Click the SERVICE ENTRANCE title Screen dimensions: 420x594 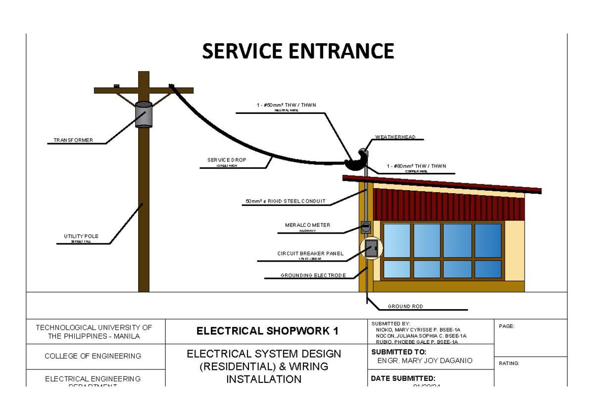click(x=297, y=51)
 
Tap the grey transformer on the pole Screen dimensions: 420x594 click(x=144, y=115)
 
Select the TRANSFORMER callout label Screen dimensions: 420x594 click(x=73, y=141)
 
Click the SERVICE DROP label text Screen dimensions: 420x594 click(x=226, y=160)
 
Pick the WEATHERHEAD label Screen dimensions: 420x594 click(x=395, y=137)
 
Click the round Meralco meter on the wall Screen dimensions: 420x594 click(x=365, y=227)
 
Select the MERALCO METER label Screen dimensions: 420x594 click(x=307, y=225)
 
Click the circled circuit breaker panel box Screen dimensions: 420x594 click(x=371, y=249)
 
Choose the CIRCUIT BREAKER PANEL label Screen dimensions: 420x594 click(x=310, y=254)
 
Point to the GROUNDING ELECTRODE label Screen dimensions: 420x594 click(x=313, y=275)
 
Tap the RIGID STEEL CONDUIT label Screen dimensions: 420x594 click(x=286, y=201)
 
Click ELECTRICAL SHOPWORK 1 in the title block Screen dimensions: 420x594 click(x=267, y=331)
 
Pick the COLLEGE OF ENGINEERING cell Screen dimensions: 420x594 click(x=93, y=356)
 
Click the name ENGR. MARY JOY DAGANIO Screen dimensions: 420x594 click(x=425, y=361)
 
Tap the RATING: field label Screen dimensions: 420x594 click(x=509, y=364)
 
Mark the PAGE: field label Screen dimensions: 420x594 click(x=507, y=326)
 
